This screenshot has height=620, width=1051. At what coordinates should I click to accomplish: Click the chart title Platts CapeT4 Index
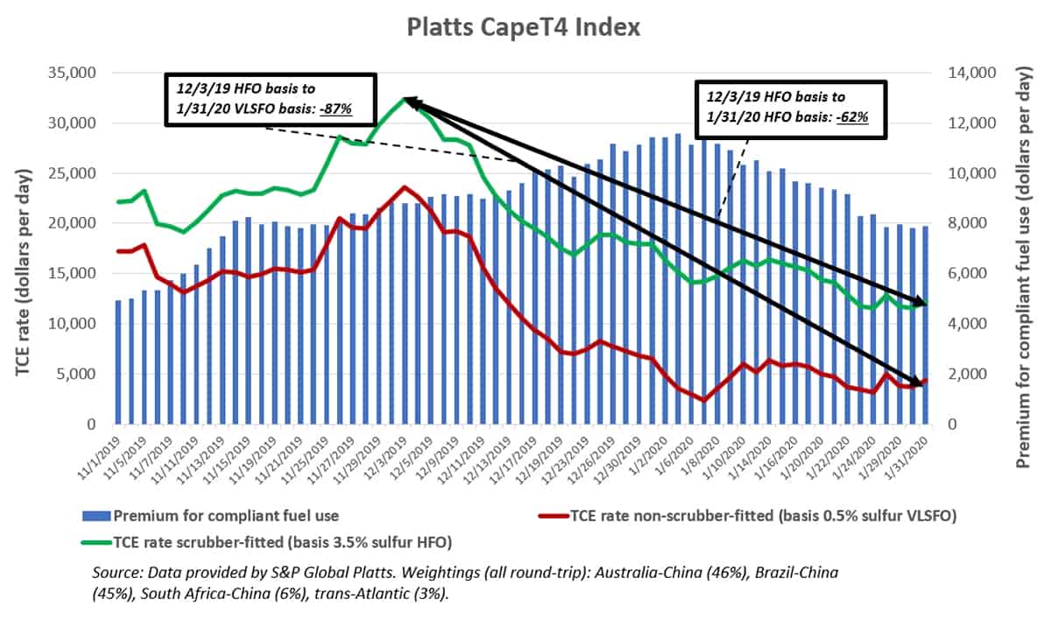click(524, 27)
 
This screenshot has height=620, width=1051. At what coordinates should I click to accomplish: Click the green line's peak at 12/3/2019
click(404, 99)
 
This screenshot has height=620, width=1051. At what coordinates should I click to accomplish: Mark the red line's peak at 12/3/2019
click(403, 187)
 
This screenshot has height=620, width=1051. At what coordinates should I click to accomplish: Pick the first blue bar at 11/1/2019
click(118, 362)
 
